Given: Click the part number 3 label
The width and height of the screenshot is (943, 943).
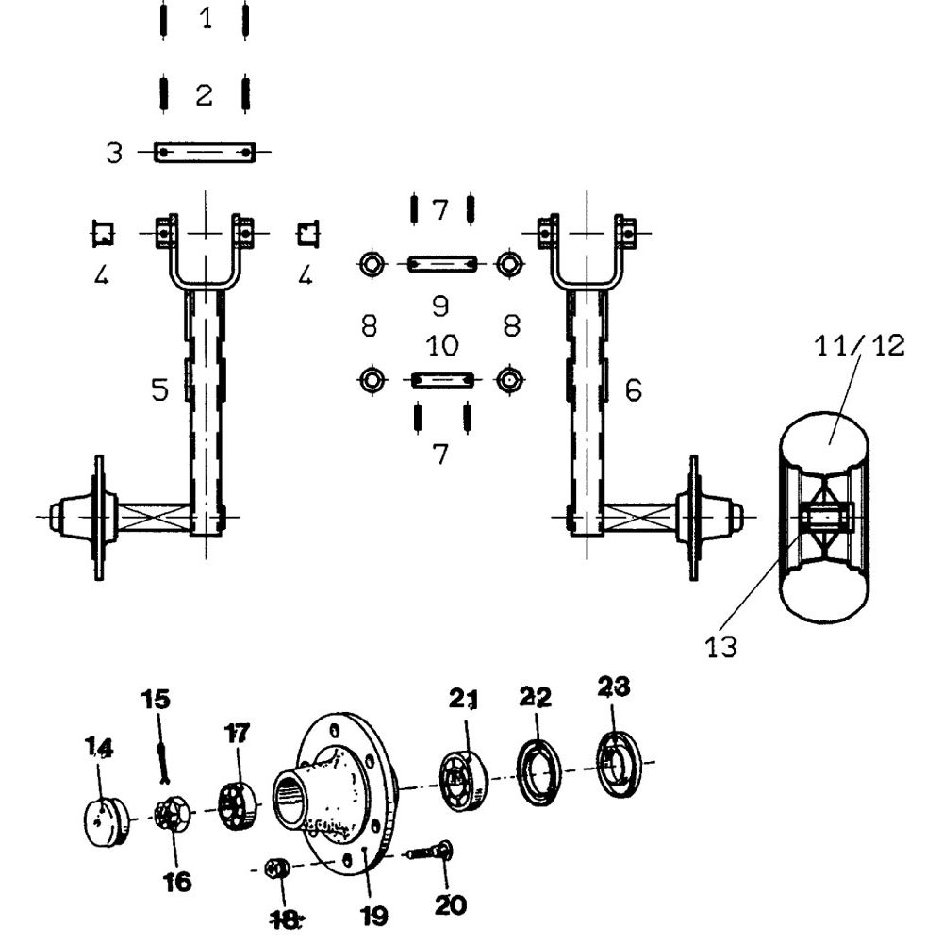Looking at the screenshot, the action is point(114,153).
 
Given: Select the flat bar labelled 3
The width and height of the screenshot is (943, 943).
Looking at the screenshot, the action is point(205,153).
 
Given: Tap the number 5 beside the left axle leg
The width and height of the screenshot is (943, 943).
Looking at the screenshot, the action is point(160,389).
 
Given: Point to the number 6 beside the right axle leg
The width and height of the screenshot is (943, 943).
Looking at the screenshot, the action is point(634,389).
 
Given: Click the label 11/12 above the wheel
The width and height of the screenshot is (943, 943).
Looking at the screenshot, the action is point(859,346).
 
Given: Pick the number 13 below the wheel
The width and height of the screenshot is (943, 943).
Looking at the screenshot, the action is point(720,647).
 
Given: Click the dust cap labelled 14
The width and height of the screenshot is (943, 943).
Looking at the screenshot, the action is point(107,821).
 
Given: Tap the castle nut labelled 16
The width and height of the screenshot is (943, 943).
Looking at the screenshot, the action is point(173,815).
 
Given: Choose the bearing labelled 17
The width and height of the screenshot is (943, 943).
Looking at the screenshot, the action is point(239,805).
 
